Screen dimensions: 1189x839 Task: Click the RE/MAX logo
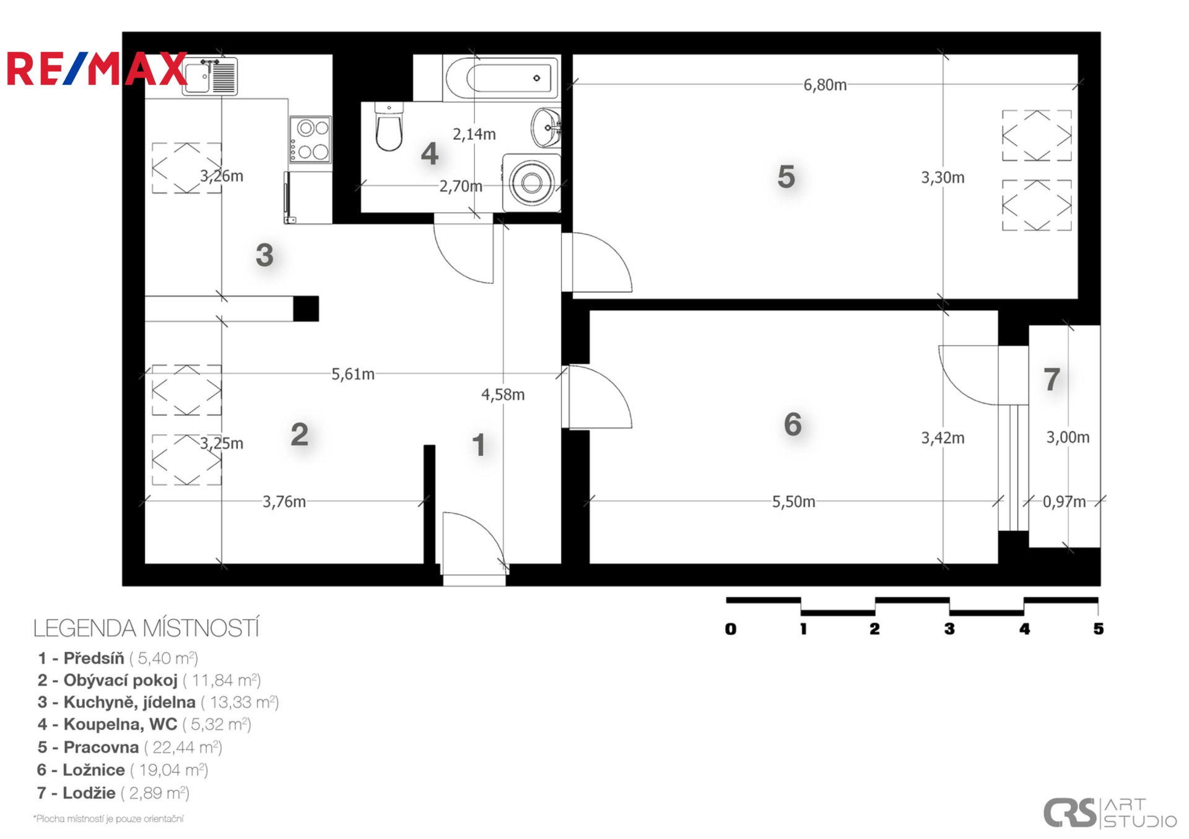click(97, 69)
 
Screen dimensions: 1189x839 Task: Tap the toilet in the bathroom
click(389, 127)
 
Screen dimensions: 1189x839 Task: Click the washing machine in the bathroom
click(531, 183)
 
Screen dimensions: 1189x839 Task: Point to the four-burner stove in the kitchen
click(310, 140)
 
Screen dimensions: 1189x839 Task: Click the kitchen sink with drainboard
click(210, 76)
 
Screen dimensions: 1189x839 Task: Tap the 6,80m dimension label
click(825, 85)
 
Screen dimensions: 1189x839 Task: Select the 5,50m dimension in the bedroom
click(793, 501)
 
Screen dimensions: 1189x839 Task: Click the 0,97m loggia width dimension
click(1064, 501)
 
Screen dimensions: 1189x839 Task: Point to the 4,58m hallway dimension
click(503, 395)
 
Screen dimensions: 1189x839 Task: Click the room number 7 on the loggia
click(1052, 379)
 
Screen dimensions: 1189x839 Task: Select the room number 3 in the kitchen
click(264, 255)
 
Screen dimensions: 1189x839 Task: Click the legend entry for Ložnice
click(123, 770)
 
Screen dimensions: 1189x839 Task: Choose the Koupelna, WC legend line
click(144, 725)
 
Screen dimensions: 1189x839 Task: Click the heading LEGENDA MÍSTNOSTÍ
click(146, 628)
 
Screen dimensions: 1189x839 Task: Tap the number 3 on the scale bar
click(949, 629)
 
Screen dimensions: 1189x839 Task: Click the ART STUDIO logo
click(1110, 813)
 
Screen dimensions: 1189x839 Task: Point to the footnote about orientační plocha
click(108, 819)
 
